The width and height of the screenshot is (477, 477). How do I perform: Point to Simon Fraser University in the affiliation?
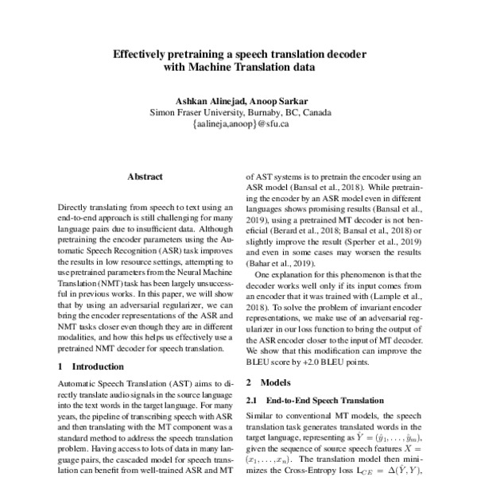click(196, 112)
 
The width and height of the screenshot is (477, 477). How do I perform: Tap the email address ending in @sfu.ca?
click(239, 124)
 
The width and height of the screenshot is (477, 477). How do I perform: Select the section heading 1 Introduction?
click(87, 366)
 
